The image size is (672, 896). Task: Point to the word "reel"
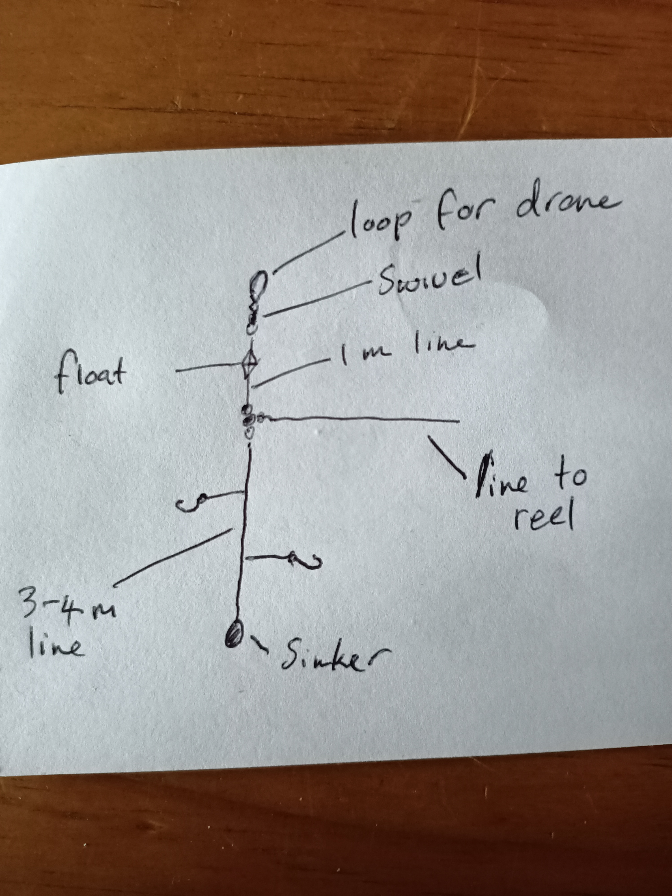(x=544, y=515)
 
